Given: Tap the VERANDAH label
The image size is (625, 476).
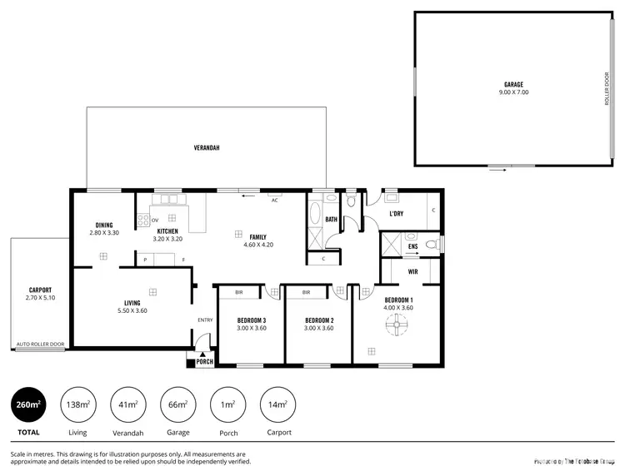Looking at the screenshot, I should point(207,147).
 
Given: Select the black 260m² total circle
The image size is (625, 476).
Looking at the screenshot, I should point(29,404).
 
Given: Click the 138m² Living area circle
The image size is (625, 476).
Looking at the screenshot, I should point(77,404).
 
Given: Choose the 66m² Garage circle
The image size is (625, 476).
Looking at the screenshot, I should point(177,404).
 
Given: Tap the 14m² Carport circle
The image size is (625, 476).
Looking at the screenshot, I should point(277,404).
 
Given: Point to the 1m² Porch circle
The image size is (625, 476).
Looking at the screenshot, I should point(227,404).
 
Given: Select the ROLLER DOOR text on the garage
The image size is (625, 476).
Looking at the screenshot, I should point(607,87).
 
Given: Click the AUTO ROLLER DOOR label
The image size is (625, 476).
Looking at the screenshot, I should point(40,344).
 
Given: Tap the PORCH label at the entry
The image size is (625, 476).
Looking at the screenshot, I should point(204,362).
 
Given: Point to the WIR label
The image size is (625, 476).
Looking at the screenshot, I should point(412,271).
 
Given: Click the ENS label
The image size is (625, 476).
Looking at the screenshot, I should point(412,247).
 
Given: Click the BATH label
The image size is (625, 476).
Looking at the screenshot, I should point(331,220).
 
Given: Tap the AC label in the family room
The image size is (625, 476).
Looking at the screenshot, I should point(274,201).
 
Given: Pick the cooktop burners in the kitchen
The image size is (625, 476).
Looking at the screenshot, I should point(143,221).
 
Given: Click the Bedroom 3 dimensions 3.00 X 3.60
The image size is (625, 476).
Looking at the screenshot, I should point(251,328).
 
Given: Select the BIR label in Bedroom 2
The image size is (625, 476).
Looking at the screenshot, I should point(306,292).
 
